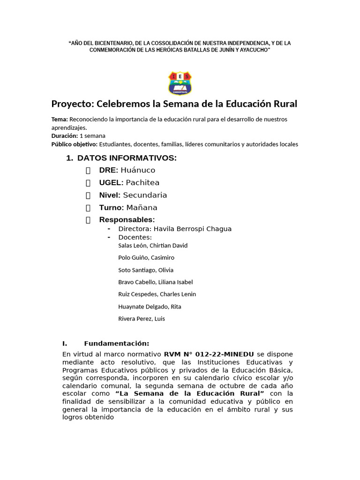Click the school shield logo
(x=180, y=83)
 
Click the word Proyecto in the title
(x=71, y=104)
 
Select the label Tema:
(x=60, y=120)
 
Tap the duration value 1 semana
(x=92, y=136)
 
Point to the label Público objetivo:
(x=75, y=144)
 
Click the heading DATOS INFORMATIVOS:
(x=127, y=158)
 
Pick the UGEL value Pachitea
(x=142, y=183)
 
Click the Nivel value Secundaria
(x=145, y=195)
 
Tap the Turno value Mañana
(x=142, y=208)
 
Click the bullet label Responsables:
(x=127, y=220)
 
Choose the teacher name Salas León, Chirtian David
(x=153, y=246)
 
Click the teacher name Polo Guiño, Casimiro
(x=146, y=258)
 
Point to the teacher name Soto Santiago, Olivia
(x=146, y=270)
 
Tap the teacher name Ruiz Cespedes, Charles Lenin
(x=157, y=294)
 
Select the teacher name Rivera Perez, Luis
(x=142, y=319)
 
